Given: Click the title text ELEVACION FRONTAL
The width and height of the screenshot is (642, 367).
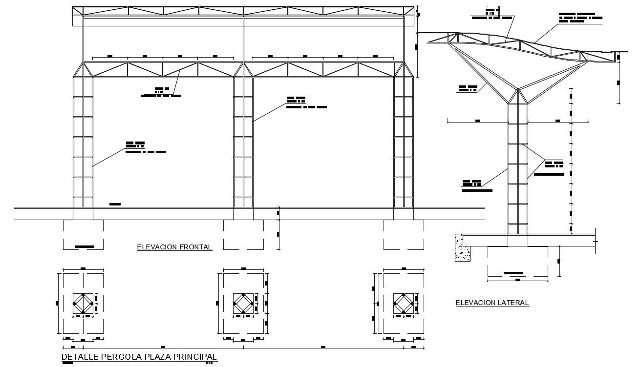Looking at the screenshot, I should (174, 247).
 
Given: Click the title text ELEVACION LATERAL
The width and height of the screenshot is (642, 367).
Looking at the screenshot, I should (492, 303).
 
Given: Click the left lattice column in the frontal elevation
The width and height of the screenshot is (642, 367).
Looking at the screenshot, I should (83, 146).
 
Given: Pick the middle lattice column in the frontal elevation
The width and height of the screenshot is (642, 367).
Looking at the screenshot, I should (243, 146).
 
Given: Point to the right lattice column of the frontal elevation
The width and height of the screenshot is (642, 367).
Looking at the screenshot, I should (404, 146).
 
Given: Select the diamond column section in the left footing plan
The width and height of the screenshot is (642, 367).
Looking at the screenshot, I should (83, 304).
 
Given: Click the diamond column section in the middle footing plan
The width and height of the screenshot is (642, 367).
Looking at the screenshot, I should (243, 304).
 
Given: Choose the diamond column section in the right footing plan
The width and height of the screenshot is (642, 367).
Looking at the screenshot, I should (404, 304).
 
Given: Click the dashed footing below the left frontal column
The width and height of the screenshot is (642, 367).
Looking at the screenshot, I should (83, 235).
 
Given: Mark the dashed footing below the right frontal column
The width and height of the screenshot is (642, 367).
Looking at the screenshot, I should (404, 235).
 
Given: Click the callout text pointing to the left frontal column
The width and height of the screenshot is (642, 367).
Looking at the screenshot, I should (145, 147).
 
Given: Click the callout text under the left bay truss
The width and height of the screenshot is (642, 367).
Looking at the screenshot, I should (160, 92).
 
